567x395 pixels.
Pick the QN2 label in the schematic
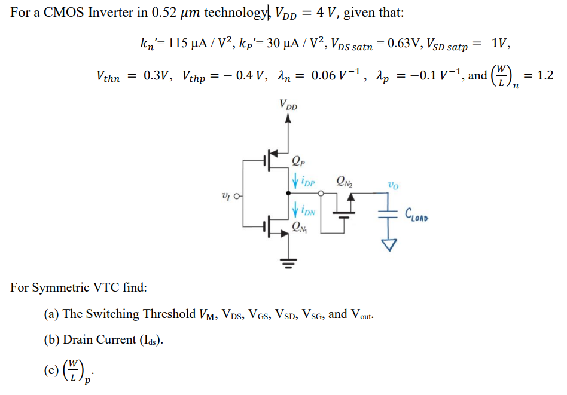[345, 179]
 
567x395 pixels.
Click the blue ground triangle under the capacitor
[391, 244]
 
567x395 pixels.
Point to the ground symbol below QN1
[289, 262]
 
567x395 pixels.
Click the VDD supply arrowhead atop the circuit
[288, 118]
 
